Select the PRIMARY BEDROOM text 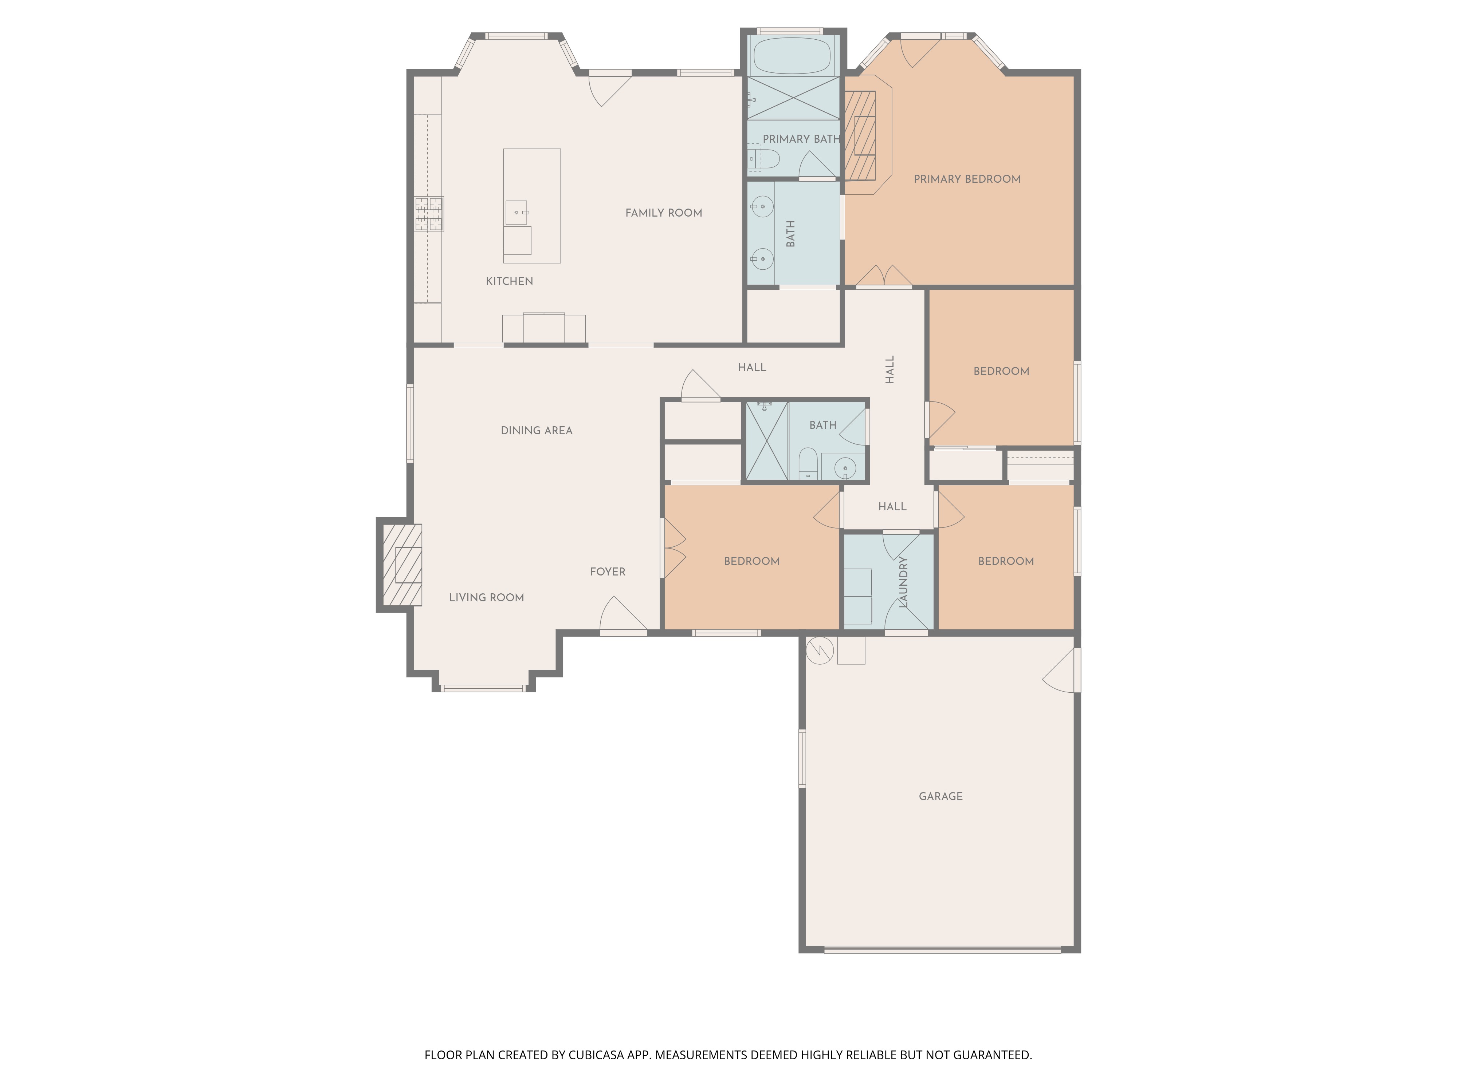967,179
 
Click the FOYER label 607,572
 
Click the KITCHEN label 509,281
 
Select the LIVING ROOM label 486,598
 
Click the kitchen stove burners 429,214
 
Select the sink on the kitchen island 517,213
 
